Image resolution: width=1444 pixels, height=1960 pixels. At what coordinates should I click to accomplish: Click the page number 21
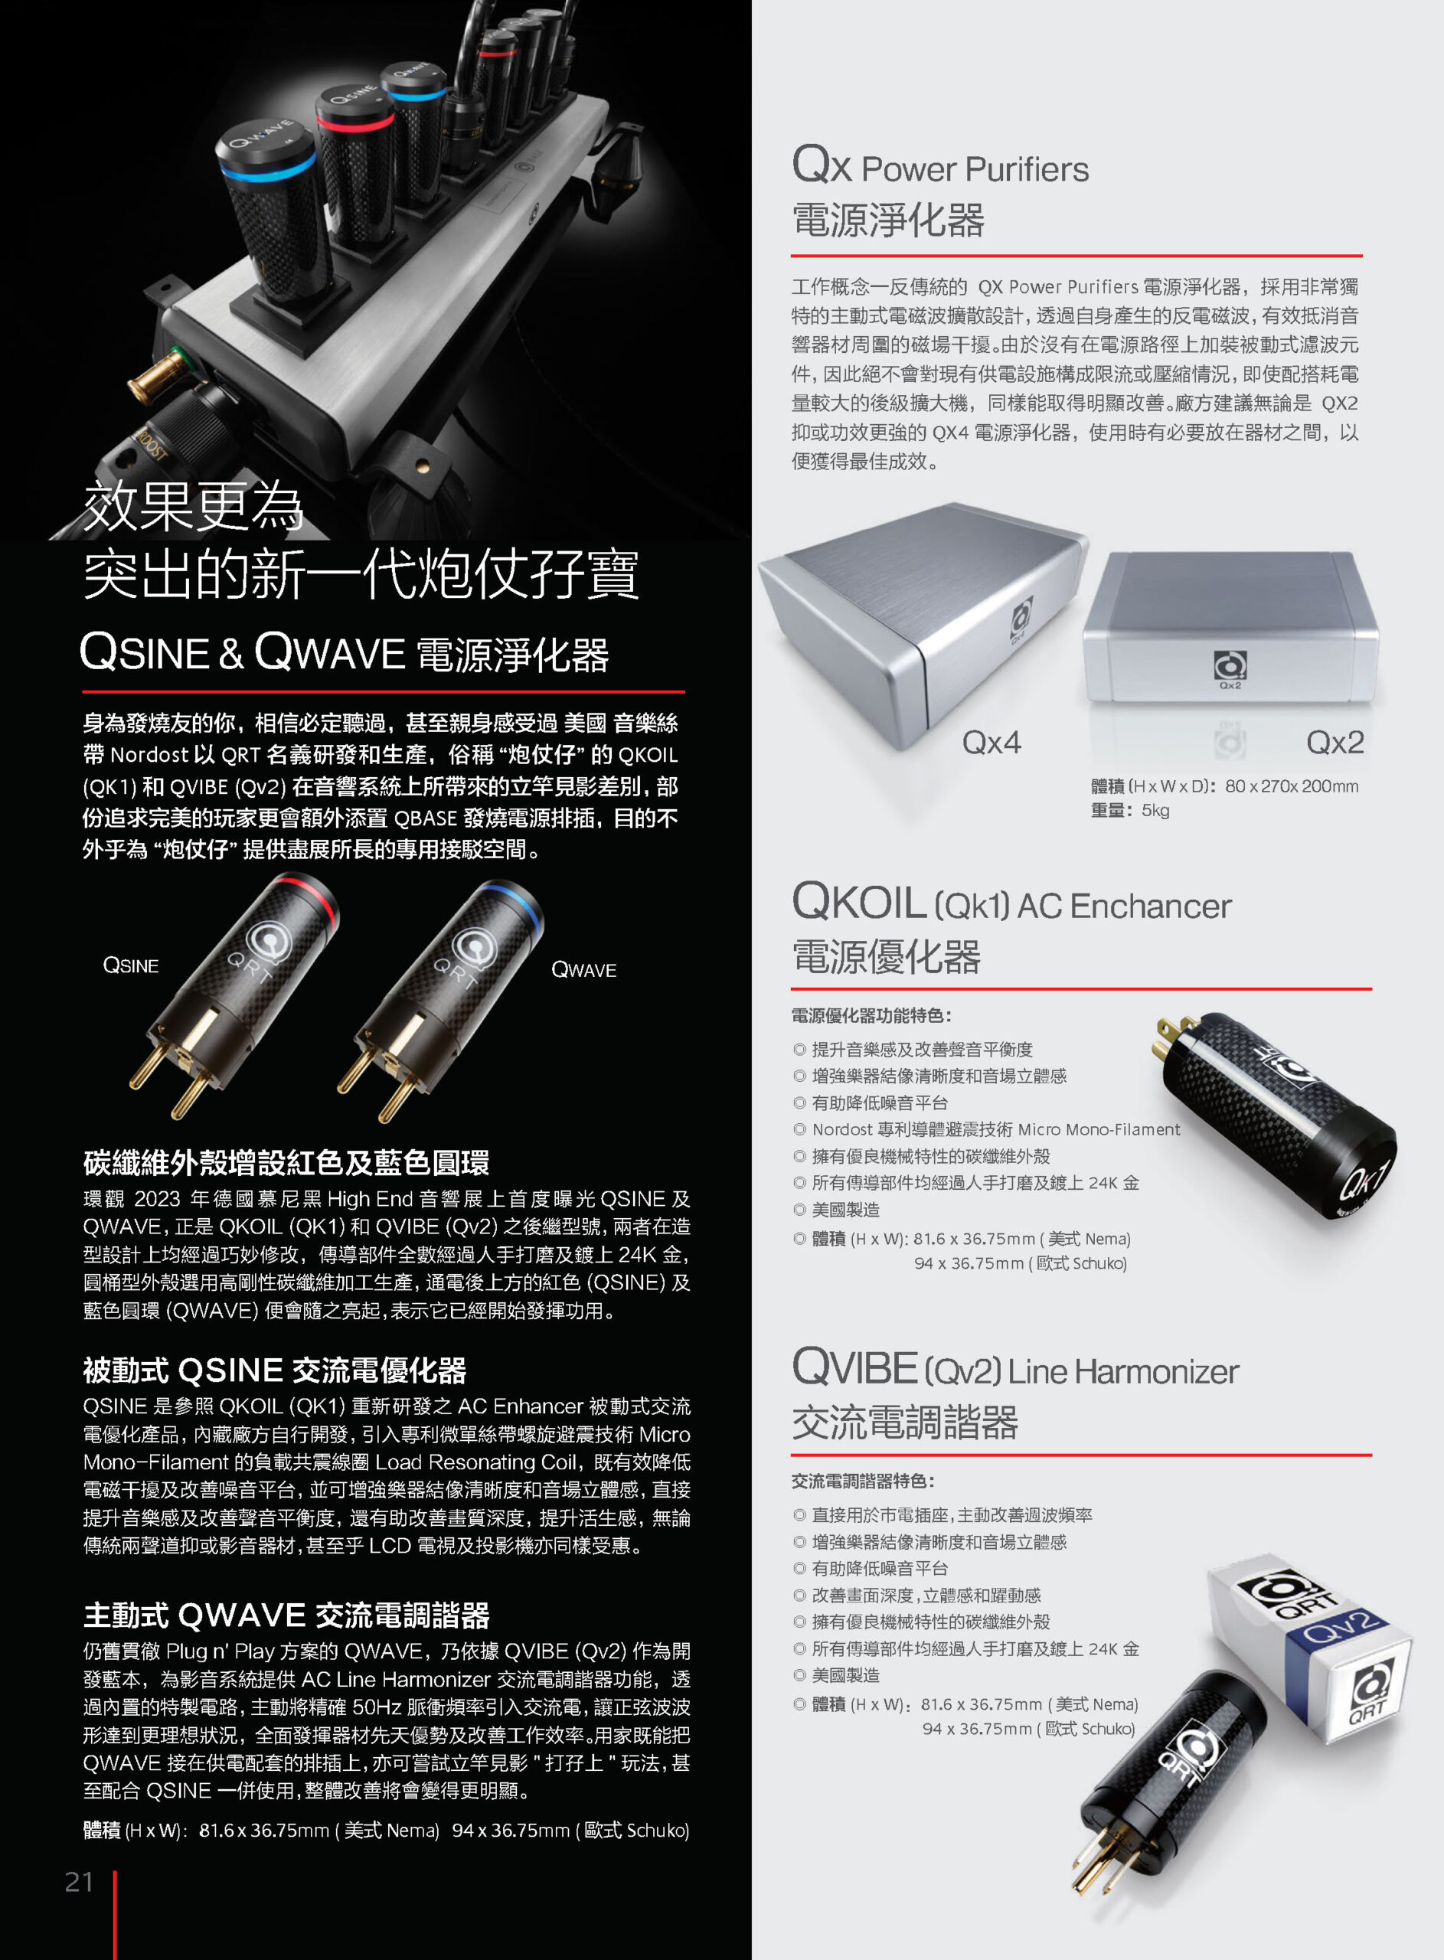click(x=79, y=1881)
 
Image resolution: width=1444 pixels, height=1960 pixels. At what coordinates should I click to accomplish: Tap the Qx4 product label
click(x=992, y=743)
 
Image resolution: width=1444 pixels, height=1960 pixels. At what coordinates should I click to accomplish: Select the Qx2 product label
click(x=1335, y=743)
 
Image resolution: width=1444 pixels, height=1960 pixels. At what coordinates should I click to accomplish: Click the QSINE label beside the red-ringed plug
click(x=131, y=965)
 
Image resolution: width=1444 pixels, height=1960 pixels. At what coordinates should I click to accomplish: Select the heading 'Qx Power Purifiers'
click(x=939, y=165)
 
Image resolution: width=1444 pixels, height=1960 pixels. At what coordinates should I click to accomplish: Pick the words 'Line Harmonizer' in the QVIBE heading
click(x=1123, y=1372)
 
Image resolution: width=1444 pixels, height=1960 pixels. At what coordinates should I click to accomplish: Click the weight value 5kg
click(x=1155, y=810)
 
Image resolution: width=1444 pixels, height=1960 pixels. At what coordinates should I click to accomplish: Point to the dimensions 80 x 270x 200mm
click(x=1291, y=786)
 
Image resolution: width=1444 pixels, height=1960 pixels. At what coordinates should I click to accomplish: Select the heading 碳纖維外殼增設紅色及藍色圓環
click(x=286, y=1163)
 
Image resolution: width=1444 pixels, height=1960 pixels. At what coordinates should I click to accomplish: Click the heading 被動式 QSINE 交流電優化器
click(x=274, y=1370)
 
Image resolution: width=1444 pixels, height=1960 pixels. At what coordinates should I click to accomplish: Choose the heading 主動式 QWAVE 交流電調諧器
click(x=286, y=1615)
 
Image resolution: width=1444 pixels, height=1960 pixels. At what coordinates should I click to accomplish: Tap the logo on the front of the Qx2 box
click(x=1230, y=666)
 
